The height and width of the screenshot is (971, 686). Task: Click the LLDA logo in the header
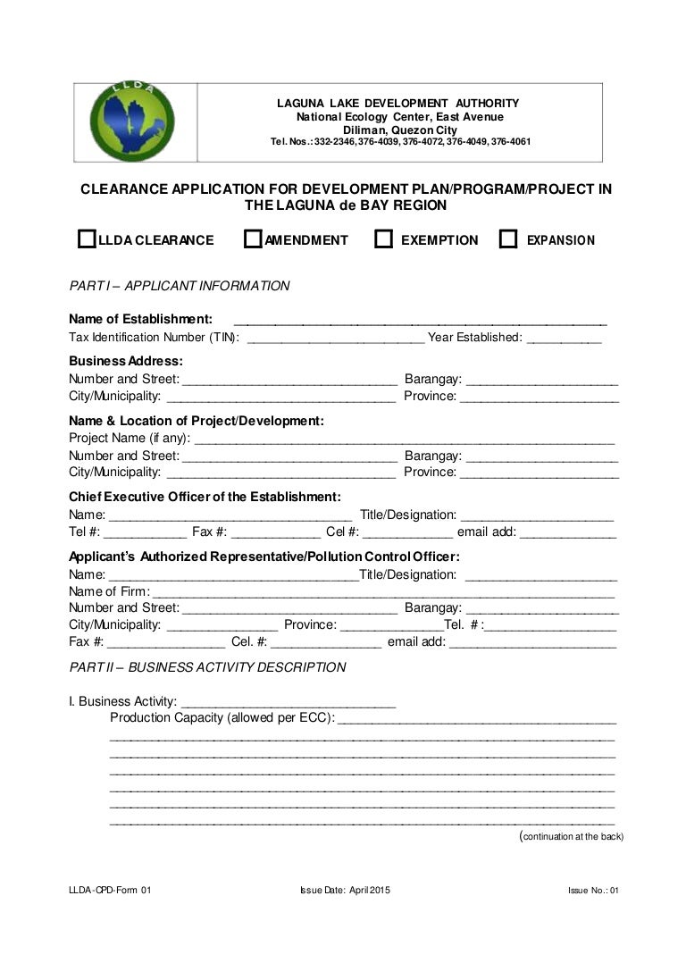click(134, 121)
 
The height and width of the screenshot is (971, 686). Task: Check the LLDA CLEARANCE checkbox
click(87, 239)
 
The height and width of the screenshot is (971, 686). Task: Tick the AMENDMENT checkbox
click(253, 239)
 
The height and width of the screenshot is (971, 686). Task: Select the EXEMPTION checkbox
click(383, 239)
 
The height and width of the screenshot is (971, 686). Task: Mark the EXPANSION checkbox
click(508, 239)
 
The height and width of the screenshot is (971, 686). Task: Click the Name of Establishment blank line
click(420, 320)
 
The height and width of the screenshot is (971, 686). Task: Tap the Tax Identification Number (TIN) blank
click(335, 338)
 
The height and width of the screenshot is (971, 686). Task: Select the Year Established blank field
click(564, 338)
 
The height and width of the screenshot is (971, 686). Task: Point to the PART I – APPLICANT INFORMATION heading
click(180, 286)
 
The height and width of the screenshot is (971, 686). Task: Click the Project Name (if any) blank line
click(404, 439)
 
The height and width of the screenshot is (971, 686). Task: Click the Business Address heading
click(126, 361)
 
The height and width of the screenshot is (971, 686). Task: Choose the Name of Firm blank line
click(384, 591)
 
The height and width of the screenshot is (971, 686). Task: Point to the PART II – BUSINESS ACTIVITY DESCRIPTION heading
click(207, 666)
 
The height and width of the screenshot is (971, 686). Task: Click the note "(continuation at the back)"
click(571, 837)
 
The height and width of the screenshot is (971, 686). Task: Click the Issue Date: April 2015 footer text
click(345, 890)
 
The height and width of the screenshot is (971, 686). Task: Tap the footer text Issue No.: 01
click(592, 890)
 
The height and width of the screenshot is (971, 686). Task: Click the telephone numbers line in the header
click(400, 142)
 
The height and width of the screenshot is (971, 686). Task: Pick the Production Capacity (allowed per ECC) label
click(222, 718)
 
